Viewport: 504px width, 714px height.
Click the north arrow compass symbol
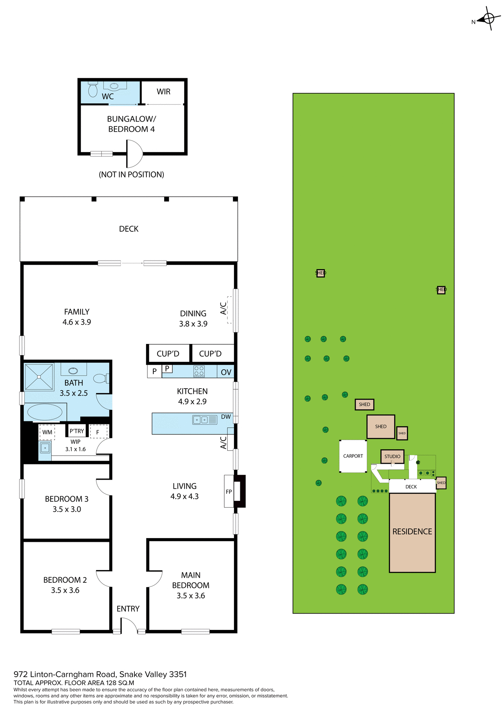point(488,18)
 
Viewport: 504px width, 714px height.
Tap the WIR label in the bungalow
point(163,91)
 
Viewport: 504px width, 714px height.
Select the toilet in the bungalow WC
point(93,89)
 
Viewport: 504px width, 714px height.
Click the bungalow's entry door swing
point(134,154)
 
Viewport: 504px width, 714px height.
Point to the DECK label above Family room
point(129,229)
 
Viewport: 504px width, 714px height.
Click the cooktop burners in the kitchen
point(199,371)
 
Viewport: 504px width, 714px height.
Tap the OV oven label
point(226,372)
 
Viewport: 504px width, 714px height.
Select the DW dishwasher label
point(226,417)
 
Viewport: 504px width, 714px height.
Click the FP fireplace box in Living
point(229,491)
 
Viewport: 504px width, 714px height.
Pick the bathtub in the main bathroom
point(45,412)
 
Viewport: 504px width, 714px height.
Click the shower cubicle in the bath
point(39,377)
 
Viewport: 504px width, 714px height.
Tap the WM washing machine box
point(47,432)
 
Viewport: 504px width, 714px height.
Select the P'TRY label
point(77,431)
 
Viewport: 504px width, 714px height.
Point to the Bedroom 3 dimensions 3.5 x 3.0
point(67,509)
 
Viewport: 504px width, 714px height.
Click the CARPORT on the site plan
point(353,456)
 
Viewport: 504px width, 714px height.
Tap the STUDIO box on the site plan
point(392,456)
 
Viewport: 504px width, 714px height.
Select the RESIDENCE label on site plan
point(412,531)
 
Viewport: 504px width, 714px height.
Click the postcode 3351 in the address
point(178,674)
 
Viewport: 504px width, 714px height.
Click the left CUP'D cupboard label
point(168,354)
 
